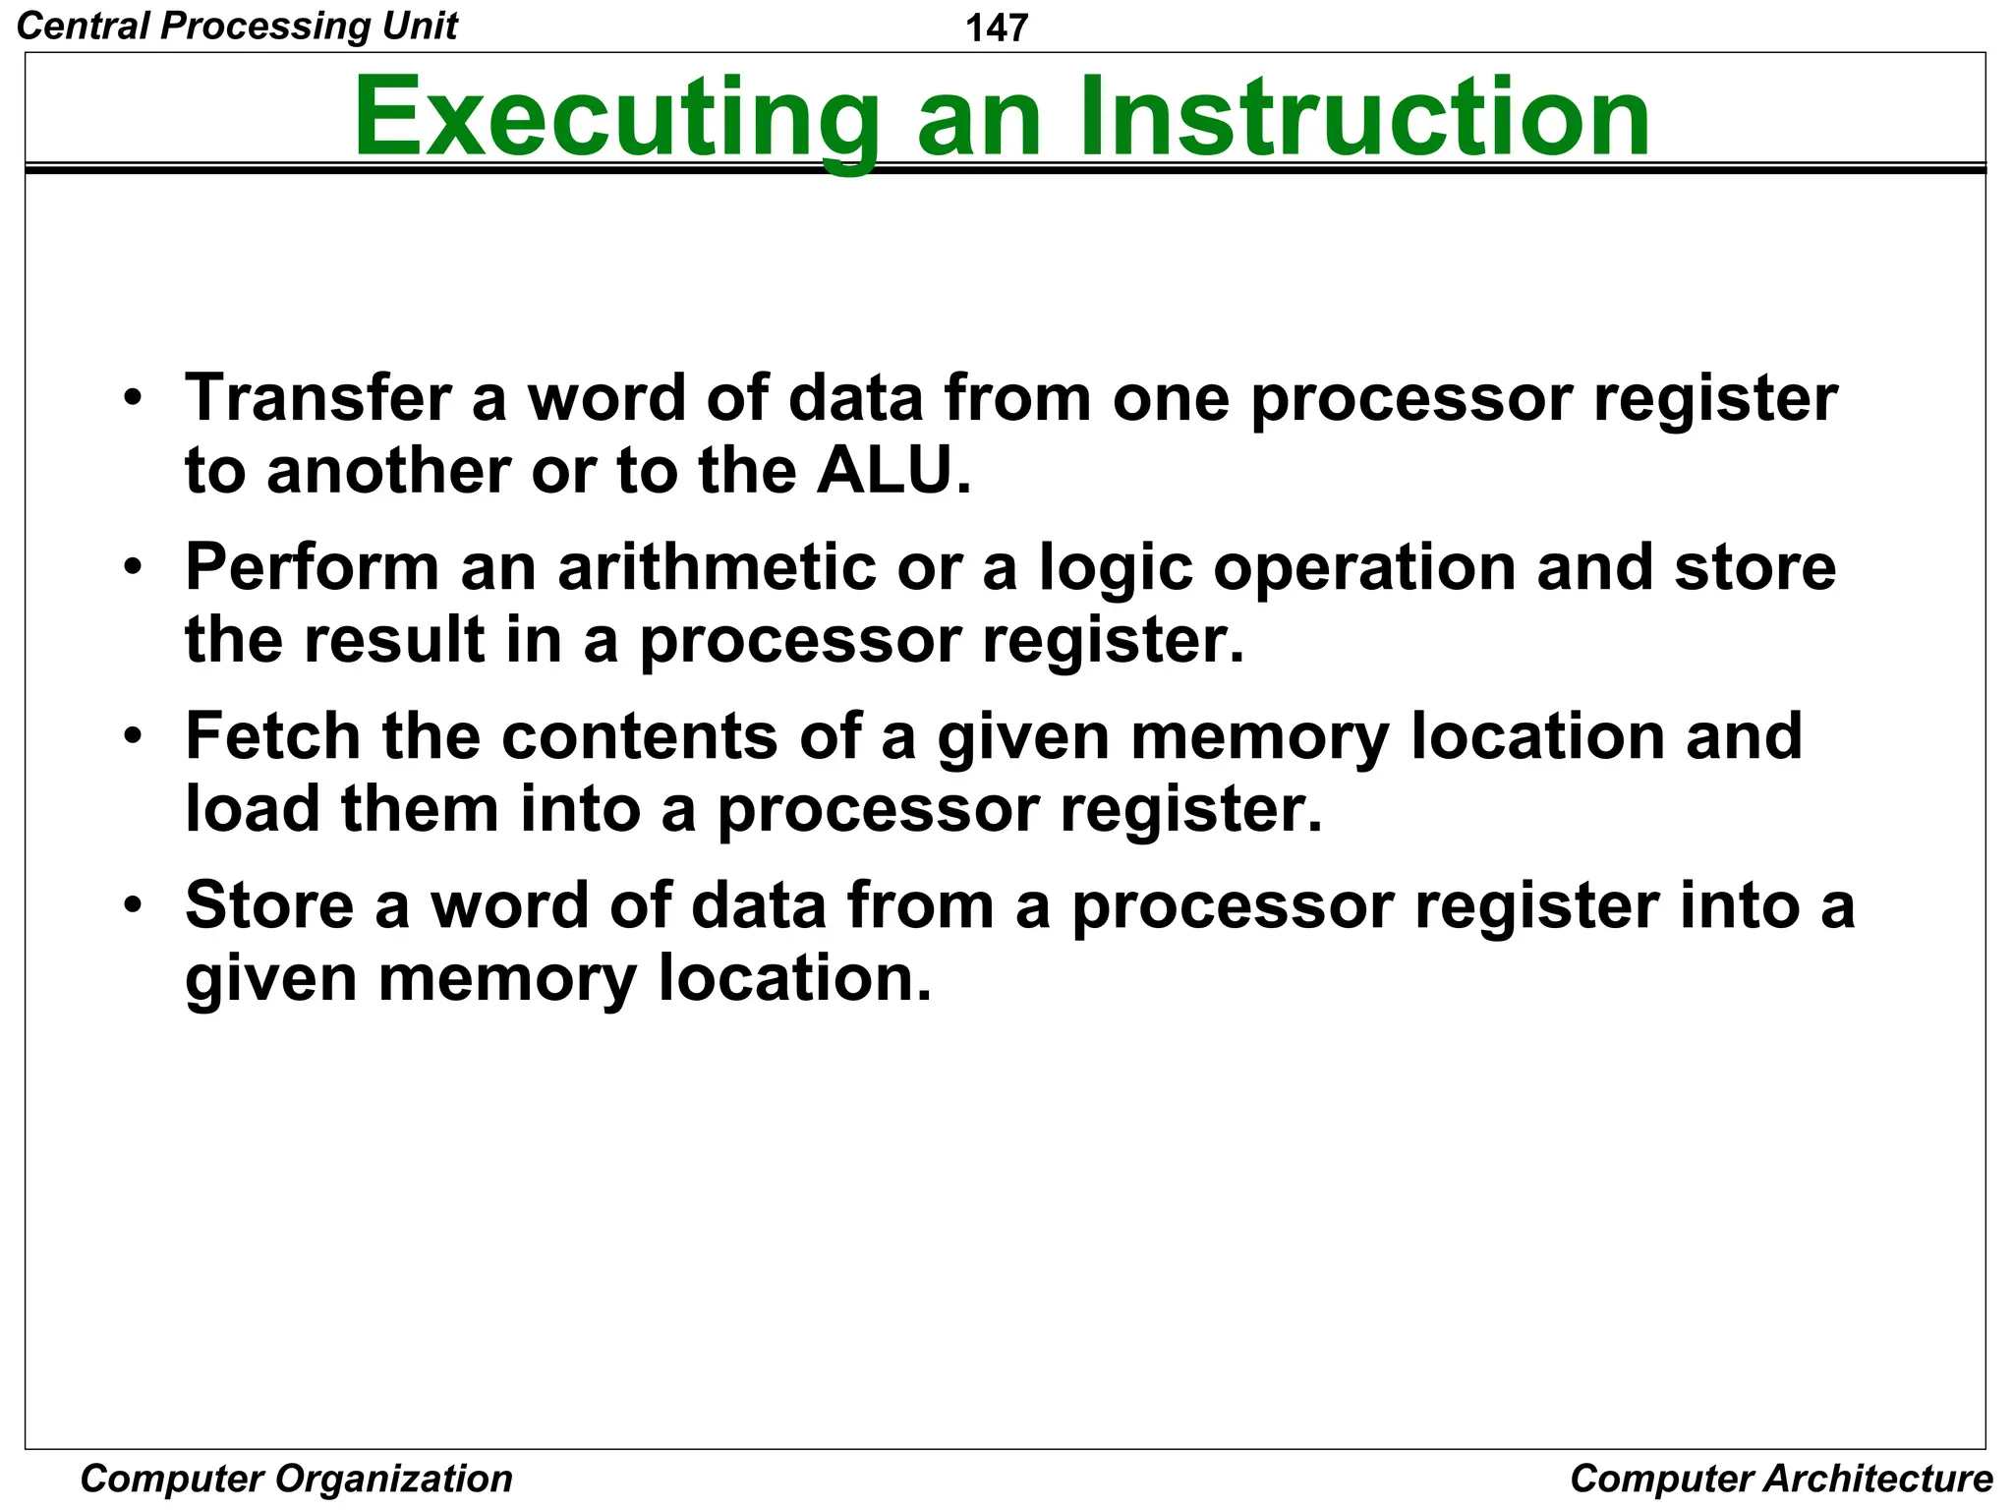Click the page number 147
tap(997, 28)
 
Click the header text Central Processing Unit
tap(237, 26)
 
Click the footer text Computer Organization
tap(296, 1479)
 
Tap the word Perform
tap(312, 567)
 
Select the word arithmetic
tap(717, 567)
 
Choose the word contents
tap(639, 737)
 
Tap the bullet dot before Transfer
tap(134, 398)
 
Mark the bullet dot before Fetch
tap(134, 736)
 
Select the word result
tap(393, 640)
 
